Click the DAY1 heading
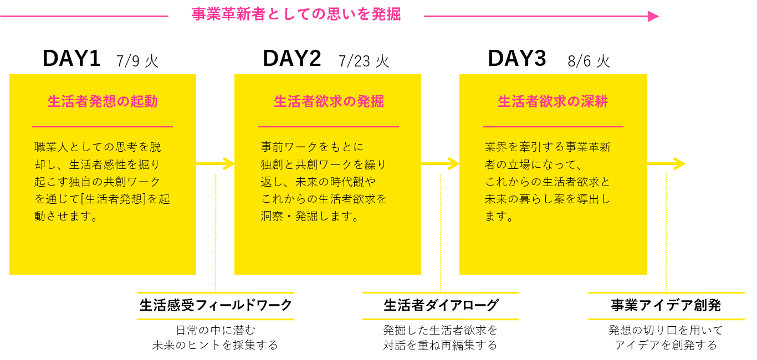pos(71,59)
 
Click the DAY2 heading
pos(291,59)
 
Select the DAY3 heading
pos(516,59)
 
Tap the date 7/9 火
pos(137,60)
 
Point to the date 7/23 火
pos(364,60)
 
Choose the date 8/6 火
pos(589,60)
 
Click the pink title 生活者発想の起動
pos(103,101)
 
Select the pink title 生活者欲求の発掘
pos(329,101)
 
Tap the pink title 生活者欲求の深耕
pos(553,101)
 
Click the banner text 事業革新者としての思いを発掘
pos(296,14)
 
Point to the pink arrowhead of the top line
pos(653,16)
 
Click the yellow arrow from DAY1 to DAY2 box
pos(216,164)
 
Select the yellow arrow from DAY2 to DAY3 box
pos(441,164)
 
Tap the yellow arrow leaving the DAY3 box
pos(667,164)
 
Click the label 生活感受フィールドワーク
pos(216,305)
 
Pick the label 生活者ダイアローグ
pos(441,305)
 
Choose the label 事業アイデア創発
pos(666,305)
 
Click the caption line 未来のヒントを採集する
pos(215,345)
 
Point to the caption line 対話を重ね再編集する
pos(440,345)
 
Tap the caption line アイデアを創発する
pos(666,345)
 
